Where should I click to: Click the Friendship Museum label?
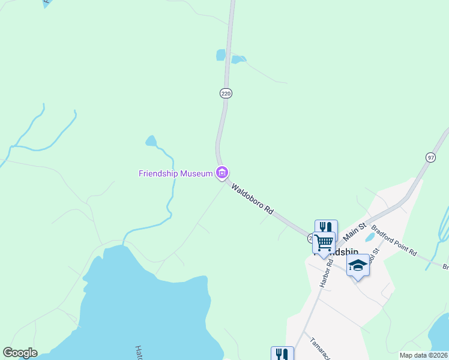pos(176,173)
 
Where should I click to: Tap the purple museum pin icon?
pos(222,173)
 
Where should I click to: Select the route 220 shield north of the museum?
pos(226,94)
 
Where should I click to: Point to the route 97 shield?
pos(430,157)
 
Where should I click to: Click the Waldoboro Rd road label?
pos(253,199)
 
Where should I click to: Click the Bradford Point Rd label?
pos(394,241)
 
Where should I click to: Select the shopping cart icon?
pos(324,243)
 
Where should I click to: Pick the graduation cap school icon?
pos(358,265)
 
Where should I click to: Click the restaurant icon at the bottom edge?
pos(282,353)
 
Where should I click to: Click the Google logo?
pos(20,353)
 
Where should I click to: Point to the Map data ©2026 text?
pos(424,355)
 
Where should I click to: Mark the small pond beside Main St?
pos(370,237)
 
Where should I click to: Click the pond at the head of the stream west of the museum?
pos(151,141)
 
